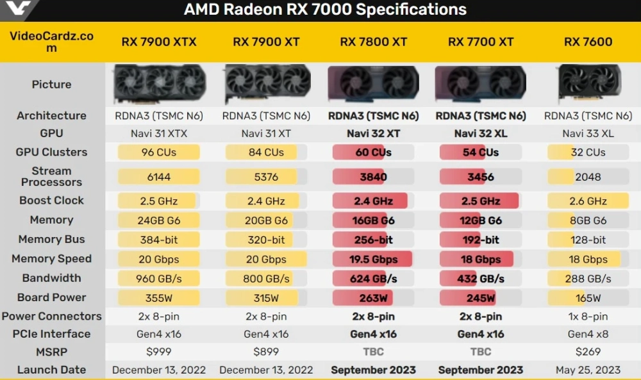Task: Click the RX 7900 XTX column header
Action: coord(159,42)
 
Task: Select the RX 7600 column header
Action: coord(588,42)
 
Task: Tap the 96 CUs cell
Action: coord(159,153)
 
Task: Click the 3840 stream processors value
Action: coord(374,177)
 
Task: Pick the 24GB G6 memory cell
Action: coord(159,220)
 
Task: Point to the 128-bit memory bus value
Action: coord(588,240)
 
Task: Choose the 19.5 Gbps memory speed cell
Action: coord(374,260)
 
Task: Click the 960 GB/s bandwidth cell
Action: coord(159,279)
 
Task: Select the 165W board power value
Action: coord(588,298)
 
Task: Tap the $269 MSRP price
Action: coord(588,352)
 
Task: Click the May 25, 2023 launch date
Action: coord(588,370)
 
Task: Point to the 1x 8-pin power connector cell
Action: coord(588,317)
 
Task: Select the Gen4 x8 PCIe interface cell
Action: coord(588,334)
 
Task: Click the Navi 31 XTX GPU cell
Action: coord(159,133)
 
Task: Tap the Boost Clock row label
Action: coord(51,201)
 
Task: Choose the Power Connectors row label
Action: coord(51,317)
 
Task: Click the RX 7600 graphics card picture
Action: coord(588,84)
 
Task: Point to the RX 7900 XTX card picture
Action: coord(159,84)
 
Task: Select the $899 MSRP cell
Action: coord(266,352)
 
